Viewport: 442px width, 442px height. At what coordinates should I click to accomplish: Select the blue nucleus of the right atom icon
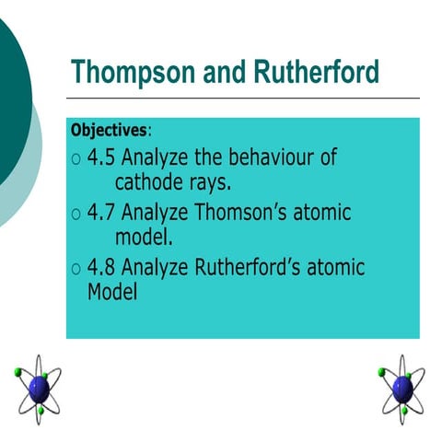pos(401,387)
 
